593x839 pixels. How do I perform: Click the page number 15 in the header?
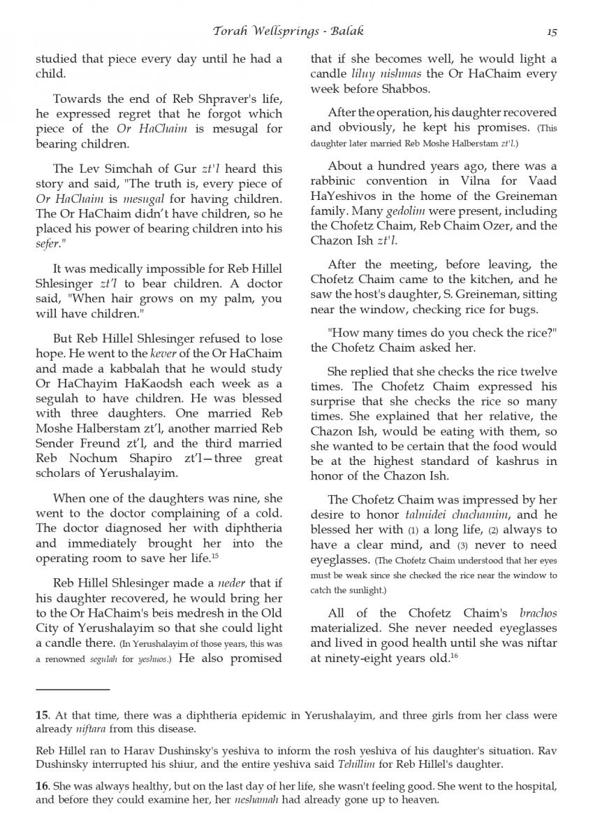click(x=552, y=31)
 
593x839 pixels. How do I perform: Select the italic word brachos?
click(x=539, y=614)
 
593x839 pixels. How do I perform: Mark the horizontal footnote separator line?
click(x=73, y=689)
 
